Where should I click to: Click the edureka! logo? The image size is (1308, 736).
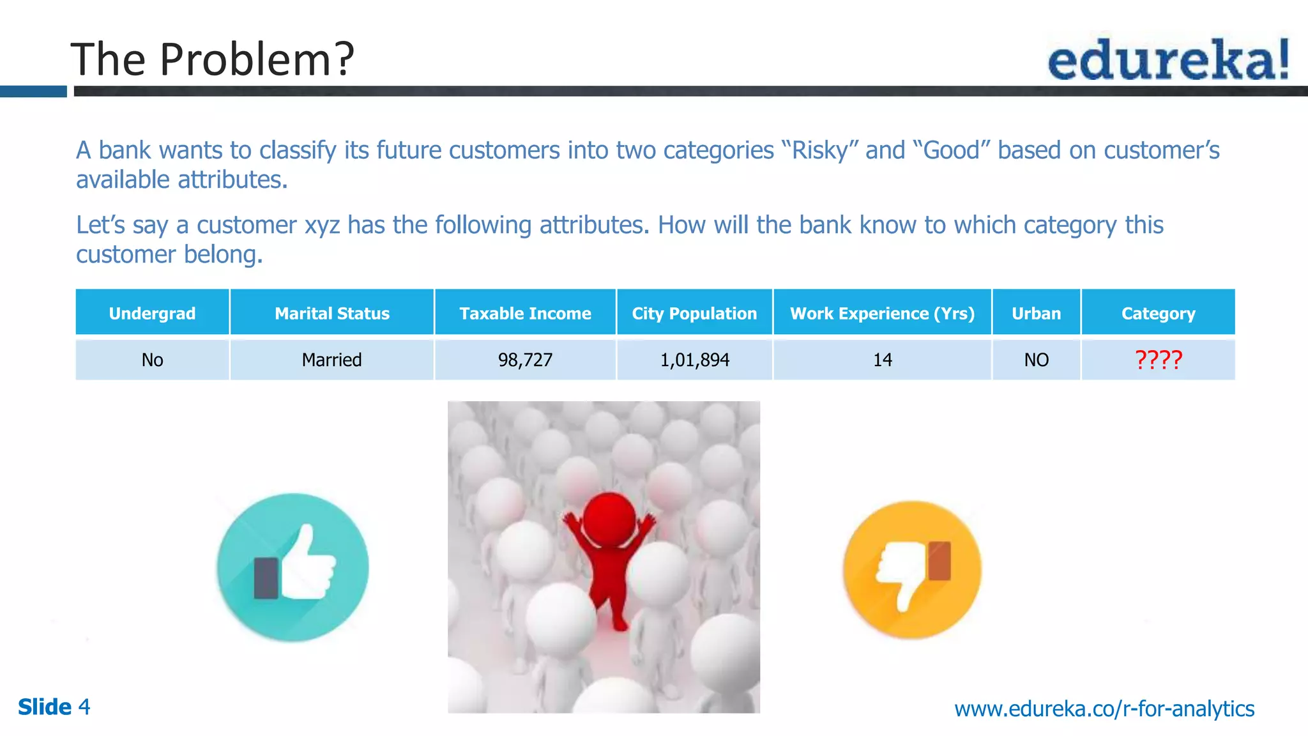click(1168, 59)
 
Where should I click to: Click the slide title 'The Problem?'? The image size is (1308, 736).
click(212, 59)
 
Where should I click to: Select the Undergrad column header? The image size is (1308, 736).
click(152, 313)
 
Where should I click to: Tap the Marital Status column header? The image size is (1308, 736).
click(332, 313)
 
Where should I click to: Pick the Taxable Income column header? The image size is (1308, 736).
click(525, 313)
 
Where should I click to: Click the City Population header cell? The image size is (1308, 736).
click(694, 313)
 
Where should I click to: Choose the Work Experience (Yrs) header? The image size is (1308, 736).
click(882, 313)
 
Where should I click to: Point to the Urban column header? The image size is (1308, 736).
click(1036, 313)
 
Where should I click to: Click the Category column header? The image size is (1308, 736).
click(1158, 313)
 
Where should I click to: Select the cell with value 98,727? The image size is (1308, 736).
click(525, 360)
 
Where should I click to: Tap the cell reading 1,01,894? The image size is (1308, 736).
click(694, 360)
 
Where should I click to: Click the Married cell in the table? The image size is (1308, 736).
click(331, 360)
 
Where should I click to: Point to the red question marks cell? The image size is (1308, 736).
click(1158, 360)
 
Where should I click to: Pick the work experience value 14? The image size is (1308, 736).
click(882, 360)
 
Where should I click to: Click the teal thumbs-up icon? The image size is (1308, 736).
click(293, 567)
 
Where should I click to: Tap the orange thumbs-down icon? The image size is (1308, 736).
click(912, 570)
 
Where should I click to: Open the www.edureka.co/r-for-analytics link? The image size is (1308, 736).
click(1104, 709)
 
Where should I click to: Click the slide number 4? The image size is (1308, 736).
click(84, 707)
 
